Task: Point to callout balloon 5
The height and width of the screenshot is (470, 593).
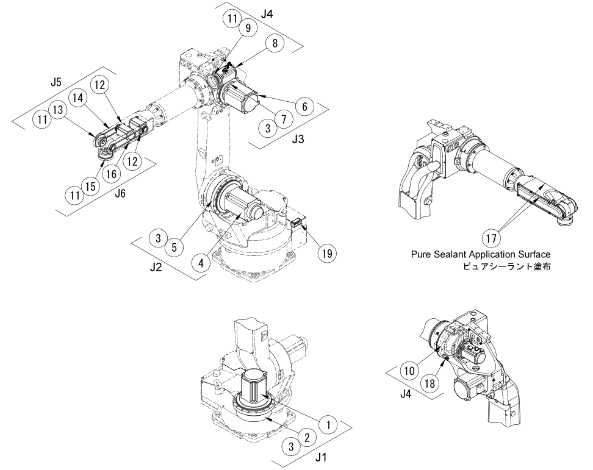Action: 174,247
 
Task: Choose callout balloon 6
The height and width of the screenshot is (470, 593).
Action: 304,105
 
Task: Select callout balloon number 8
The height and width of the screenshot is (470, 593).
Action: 275,44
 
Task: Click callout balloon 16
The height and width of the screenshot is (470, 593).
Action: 111,174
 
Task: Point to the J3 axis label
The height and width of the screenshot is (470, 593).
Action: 297,139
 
